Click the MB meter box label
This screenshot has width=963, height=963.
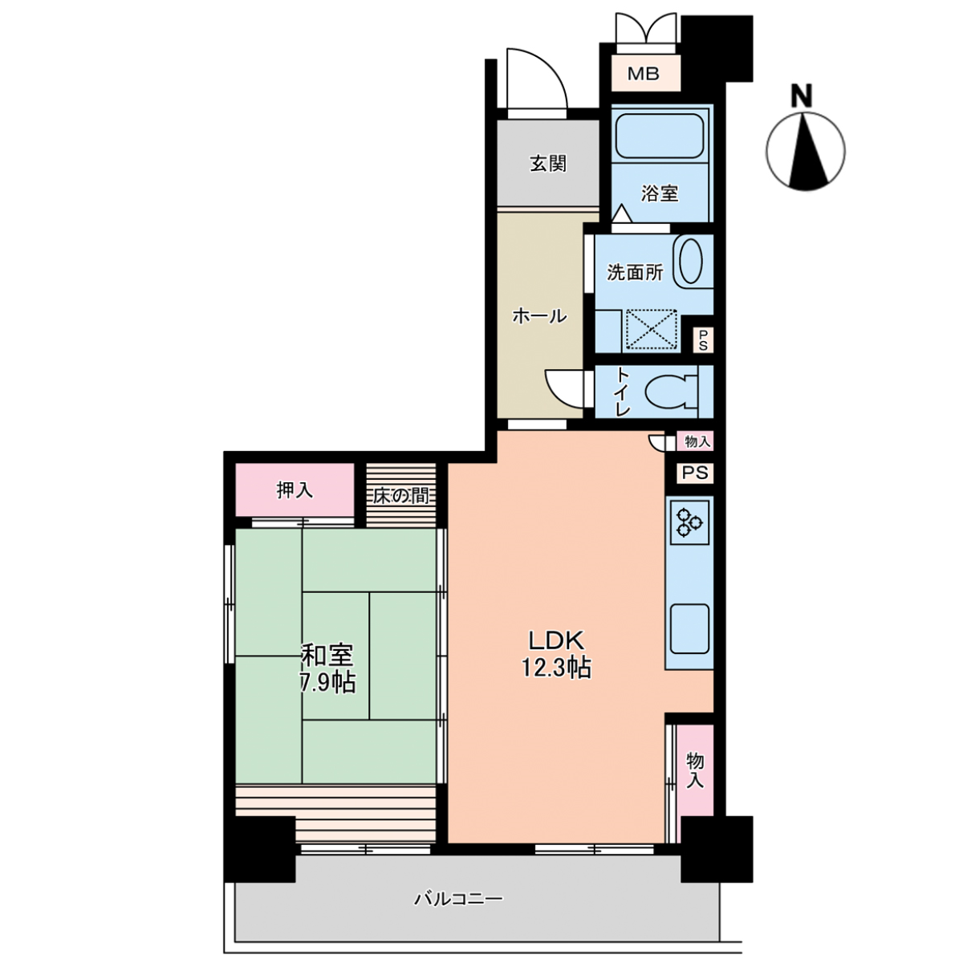click(x=643, y=74)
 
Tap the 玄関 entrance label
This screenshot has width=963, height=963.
click(x=548, y=164)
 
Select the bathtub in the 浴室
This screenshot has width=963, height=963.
click(x=659, y=136)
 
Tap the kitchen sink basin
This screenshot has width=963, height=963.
click(x=689, y=628)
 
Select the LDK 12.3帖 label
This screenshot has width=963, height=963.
click(x=556, y=654)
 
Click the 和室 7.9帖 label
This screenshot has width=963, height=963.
click(x=328, y=668)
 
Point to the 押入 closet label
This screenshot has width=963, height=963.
click(x=295, y=490)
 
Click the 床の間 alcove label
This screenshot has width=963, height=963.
click(x=401, y=496)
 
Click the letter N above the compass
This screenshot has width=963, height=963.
click(x=801, y=96)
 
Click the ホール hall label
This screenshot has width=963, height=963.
click(x=540, y=316)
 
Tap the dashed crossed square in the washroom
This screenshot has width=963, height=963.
click(x=651, y=328)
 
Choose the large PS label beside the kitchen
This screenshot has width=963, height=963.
click(x=695, y=472)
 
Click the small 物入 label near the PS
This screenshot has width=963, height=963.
click(x=697, y=441)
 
